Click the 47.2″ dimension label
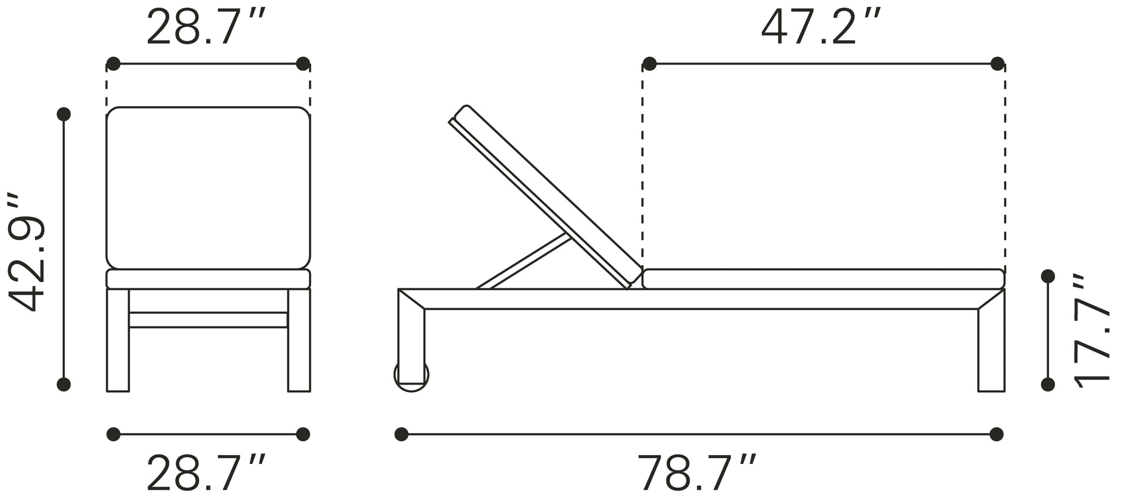click(821, 28)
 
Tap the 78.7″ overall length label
click(697, 473)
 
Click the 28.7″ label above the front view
click(207, 28)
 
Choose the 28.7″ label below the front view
click(207, 473)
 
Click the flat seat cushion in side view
click(823, 279)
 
